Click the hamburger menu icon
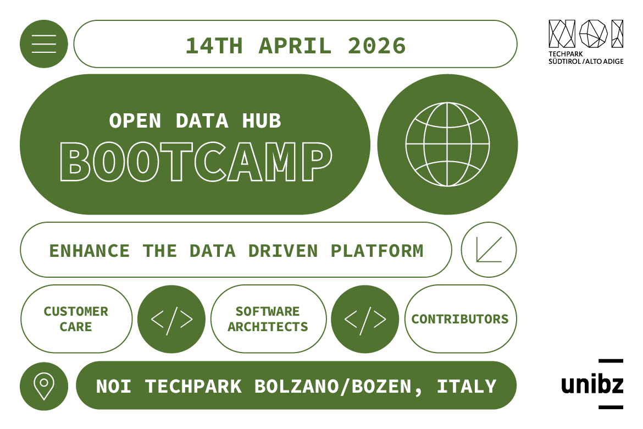coord(44,44)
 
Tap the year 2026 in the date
coord(377,46)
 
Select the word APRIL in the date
coord(295,46)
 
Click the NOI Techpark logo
coord(586,42)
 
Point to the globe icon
coord(447,144)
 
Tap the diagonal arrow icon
coord(489,250)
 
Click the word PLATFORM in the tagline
coord(377,251)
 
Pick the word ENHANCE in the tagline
coord(90,251)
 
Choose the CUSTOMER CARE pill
coord(76,319)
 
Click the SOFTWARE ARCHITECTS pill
coord(268,319)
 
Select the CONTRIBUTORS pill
coord(460,319)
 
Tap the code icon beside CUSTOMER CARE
coord(171,319)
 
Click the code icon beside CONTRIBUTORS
coord(365,319)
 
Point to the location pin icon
coord(44,385)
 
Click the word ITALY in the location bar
coord(467,386)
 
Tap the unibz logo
coord(592,384)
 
